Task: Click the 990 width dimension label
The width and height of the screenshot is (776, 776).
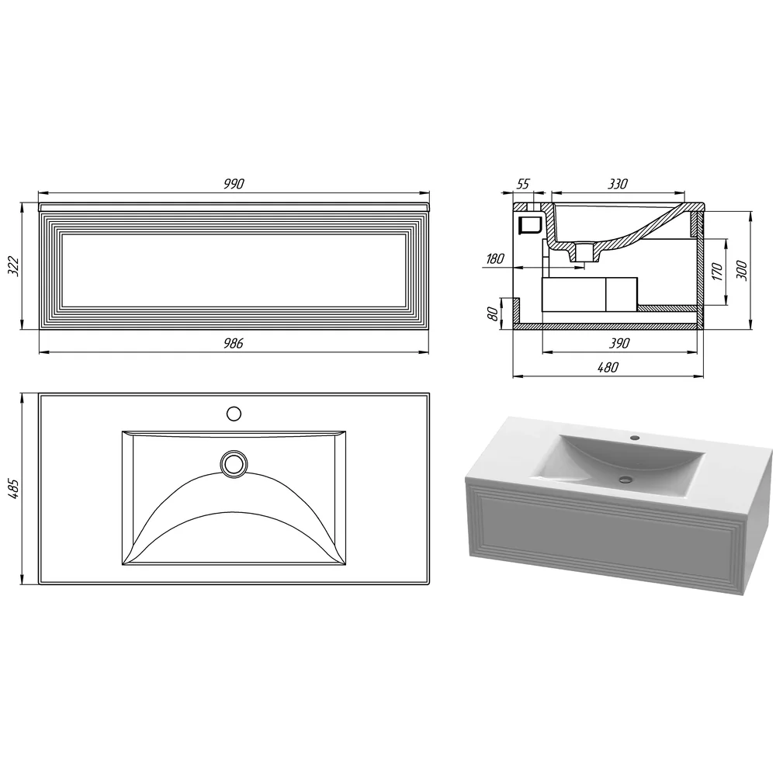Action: click(234, 184)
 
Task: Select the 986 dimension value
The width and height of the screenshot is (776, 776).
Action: click(233, 343)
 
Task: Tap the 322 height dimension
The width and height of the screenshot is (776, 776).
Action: click(14, 266)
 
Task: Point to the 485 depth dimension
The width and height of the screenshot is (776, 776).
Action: click(14, 488)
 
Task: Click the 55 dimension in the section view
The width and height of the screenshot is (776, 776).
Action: click(522, 184)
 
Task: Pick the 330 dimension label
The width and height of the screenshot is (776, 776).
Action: click(618, 184)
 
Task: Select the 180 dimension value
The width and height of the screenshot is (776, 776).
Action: click(495, 258)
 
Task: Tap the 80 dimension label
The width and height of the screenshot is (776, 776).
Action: click(493, 314)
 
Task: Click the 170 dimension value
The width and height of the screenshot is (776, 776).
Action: click(717, 272)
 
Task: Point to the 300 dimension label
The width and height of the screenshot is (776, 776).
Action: click(742, 271)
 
